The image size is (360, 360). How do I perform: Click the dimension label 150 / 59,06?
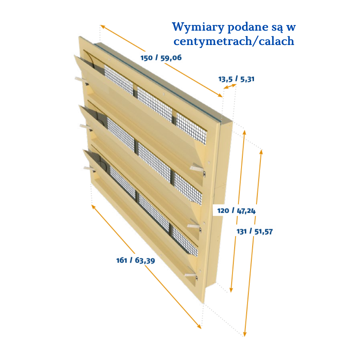point(161,58)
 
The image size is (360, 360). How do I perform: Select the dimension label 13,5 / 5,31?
point(236,79)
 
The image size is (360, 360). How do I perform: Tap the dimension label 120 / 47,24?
point(236,211)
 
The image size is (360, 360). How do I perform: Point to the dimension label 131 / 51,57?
point(255,231)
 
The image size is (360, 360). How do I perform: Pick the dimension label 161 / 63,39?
point(136,260)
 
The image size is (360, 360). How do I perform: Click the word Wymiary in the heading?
point(198,27)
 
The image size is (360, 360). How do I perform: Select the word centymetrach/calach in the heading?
point(234,41)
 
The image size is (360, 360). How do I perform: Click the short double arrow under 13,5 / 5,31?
point(230,86)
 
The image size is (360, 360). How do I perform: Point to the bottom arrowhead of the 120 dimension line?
point(231,290)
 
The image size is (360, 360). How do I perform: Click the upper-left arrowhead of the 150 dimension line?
point(102,26)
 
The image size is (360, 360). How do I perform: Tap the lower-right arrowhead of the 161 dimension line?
point(199,326)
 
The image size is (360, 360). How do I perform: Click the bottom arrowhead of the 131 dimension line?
point(245,334)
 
